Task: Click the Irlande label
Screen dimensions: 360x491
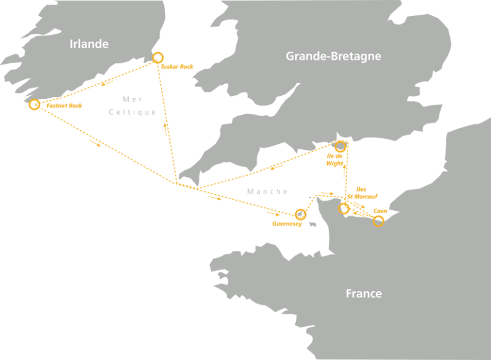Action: click(89, 44)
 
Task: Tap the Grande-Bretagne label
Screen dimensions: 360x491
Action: click(333, 57)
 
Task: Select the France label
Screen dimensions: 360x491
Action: click(363, 294)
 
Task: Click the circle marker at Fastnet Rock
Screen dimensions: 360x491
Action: click(34, 104)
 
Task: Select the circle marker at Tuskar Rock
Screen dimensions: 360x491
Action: click(158, 58)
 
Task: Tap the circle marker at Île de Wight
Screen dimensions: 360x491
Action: click(341, 146)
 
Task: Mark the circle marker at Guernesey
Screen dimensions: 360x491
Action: click(300, 214)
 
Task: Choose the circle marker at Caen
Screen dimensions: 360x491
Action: click(379, 221)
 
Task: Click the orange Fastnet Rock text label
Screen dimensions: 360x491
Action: click(64, 106)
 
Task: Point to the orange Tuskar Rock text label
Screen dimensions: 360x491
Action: click(179, 66)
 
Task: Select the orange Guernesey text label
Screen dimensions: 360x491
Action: click(287, 224)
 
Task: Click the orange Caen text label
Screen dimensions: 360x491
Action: click(381, 211)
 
